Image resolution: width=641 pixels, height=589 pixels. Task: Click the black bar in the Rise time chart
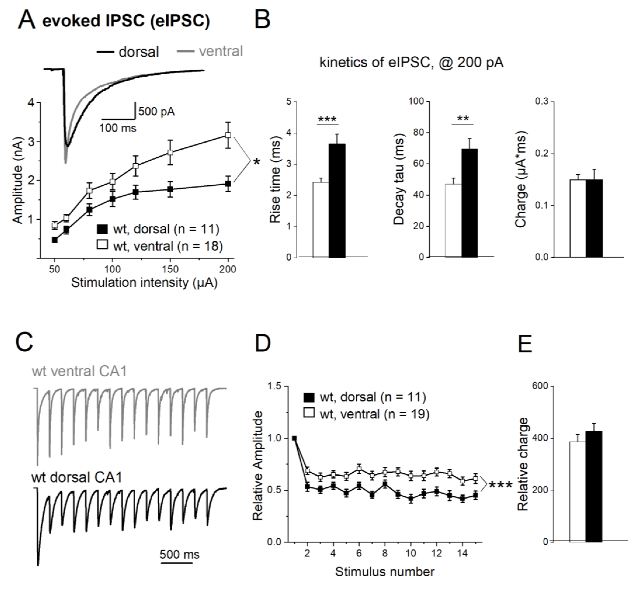tap(337, 201)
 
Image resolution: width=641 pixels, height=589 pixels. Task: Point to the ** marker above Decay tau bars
tap(463, 119)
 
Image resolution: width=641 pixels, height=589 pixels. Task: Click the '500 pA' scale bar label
tap(156, 111)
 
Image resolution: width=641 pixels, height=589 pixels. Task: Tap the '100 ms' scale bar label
tap(118, 128)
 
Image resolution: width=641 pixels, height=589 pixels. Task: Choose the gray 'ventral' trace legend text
tap(221, 51)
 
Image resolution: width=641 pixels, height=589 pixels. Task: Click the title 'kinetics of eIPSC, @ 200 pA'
tap(411, 62)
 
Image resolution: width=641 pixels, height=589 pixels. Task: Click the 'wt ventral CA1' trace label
tap(79, 371)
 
